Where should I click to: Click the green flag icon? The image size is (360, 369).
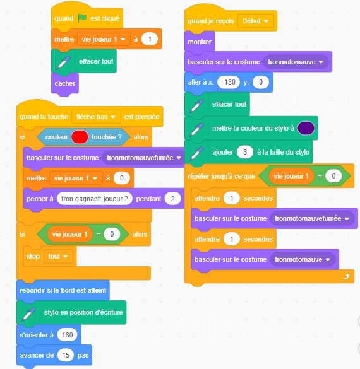point(82,18)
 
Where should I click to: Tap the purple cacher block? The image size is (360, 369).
point(65,83)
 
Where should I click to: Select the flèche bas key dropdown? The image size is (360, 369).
point(96,117)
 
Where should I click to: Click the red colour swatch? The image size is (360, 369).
point(80,137)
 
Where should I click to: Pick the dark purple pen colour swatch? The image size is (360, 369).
point(306,128)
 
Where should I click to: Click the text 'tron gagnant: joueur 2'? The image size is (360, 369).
point(95,199)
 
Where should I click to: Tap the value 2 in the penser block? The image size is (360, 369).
point(172,199)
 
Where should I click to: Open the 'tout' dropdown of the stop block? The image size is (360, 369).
point(58,256)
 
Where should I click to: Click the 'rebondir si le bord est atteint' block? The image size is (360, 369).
point(63,290)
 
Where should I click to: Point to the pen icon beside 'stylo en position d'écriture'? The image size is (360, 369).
point(28,314)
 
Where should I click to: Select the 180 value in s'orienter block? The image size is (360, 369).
point(67,335)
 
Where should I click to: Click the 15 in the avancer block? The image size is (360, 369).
point(66,355)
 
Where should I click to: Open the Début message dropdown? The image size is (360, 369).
point(255,21)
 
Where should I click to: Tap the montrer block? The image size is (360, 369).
point(200,42)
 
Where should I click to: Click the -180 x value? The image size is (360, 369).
point(229,82)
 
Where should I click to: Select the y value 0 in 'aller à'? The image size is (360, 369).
point(261,82)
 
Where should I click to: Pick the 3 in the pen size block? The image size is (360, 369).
point(245,152)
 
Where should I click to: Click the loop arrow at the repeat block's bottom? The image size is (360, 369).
point(346,276)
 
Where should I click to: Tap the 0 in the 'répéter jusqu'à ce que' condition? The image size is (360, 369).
point(333,176)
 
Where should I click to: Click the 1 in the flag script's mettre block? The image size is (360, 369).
point(150,39)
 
